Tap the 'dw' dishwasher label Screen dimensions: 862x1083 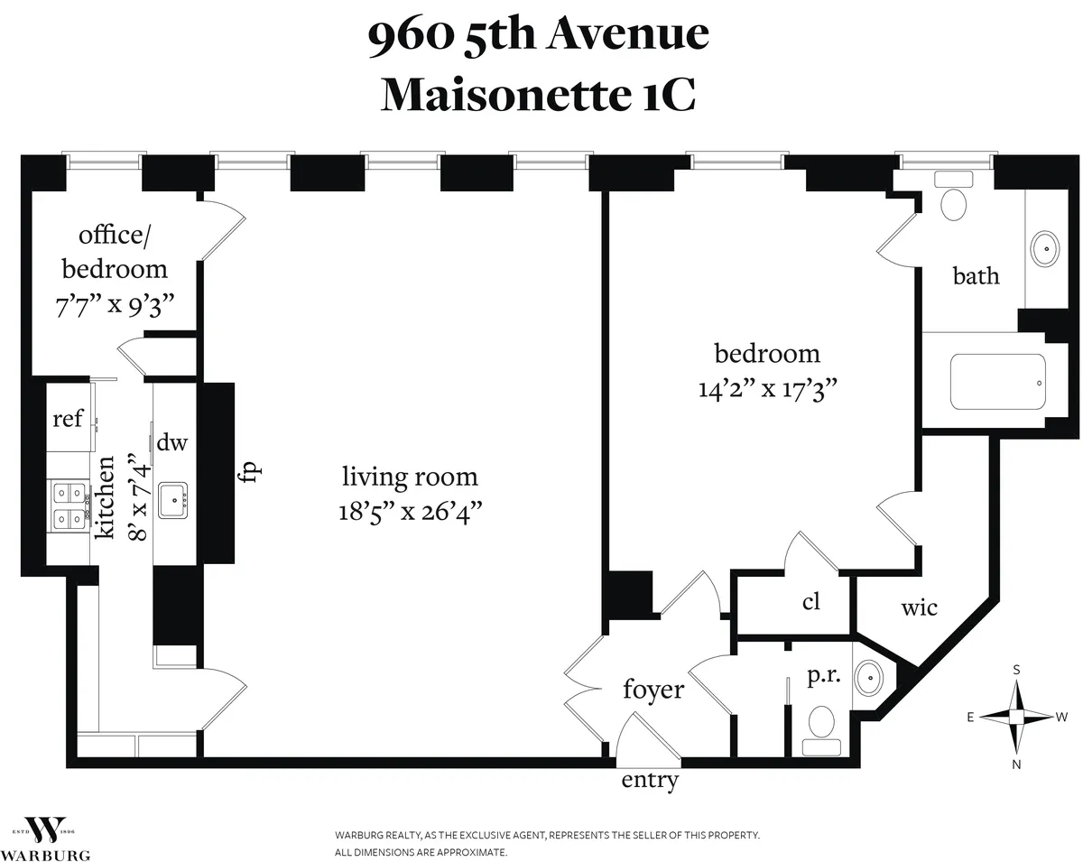click(x=171, y=442)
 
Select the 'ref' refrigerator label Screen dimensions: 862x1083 click(x=68, y=419)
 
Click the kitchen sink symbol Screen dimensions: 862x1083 click(x=172, y=499)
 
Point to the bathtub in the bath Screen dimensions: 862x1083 click(x=997, y=382)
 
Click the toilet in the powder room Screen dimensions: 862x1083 click(x=821, y=722)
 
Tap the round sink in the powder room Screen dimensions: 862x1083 click(x=869, y=675)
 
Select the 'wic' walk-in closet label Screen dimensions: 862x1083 click(x=919, y=607)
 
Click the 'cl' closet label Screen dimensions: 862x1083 click(x=811, y=601)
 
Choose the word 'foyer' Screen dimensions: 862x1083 click(x=653, y=690)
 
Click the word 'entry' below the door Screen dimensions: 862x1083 click(x=650, y=780)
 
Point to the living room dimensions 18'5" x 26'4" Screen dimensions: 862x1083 click(x=410, y=512)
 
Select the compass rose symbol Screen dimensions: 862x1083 click(x=1017, y=716)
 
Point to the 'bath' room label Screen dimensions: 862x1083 click(x=977, y=275)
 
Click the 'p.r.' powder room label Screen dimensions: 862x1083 click(x=825, y=676)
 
